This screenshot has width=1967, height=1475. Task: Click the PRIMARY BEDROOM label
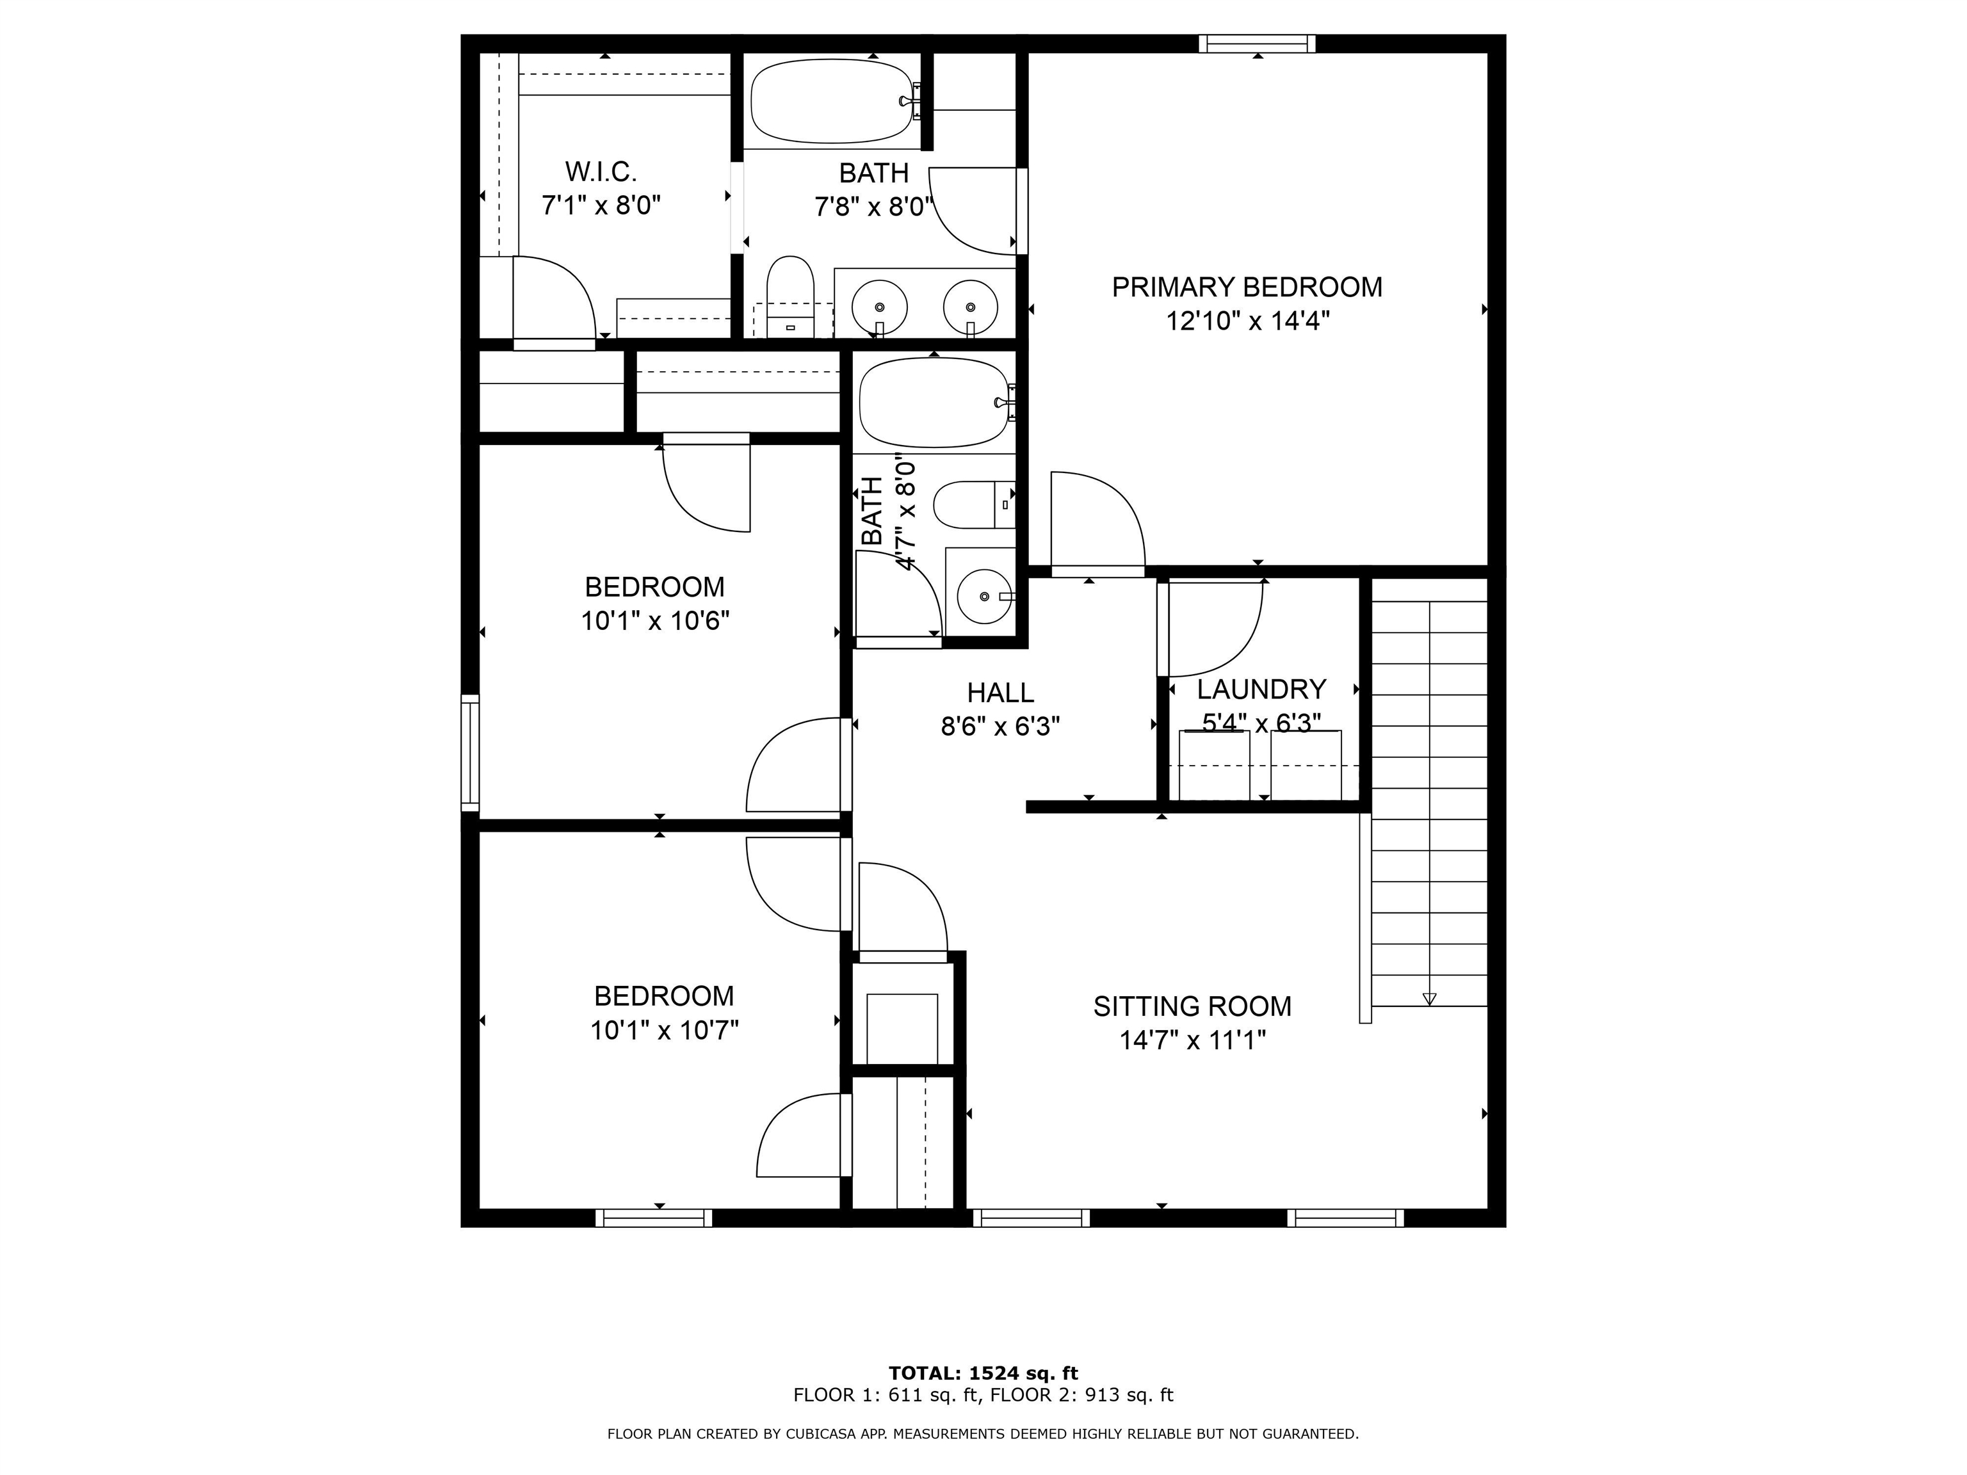pyautogui.click(x=1247, y=287)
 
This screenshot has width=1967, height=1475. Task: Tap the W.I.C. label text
pyautogui.click(x=601, y=172)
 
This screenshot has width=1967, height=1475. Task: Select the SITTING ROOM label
pyautogui.click(x=1192, y=1006)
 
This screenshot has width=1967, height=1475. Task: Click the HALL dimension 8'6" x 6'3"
pyautogui.click(x=1000, y=727)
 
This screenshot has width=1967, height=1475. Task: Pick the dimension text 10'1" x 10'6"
pyautogui.click(x=656, y=620)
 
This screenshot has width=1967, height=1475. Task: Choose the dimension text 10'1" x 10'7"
pyautogui.click(x=664, y=1031)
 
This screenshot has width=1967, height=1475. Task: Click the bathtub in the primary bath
pyautogui.click(x=832, y=101)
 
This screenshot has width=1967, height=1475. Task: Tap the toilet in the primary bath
pyautogui.click(x=791, y=297)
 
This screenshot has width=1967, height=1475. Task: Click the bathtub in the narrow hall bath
pyautogui.click(x=935, y=403)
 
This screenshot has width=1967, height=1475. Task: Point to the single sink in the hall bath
pyautogui.click(x=983, y=597)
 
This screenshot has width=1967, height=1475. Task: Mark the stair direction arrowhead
pyautogui.click(x=1429, y=999)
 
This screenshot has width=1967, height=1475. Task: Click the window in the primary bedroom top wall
pyautogui.click(x=1256, y=44)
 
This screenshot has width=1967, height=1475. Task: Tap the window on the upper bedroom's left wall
pyautogui.click(x=469, y=753)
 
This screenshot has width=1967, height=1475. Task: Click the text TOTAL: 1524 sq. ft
pyautogui.click(x=983, y=1374)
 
